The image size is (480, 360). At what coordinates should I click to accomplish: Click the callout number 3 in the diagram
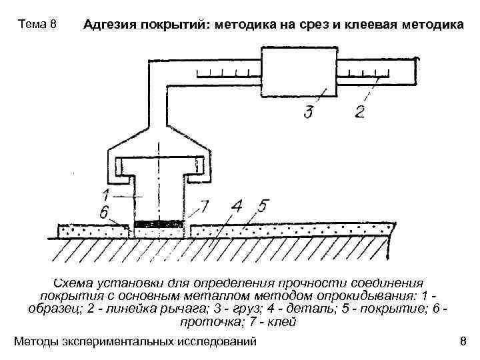point(307,111)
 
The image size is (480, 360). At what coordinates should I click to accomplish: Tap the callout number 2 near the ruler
point(360,110)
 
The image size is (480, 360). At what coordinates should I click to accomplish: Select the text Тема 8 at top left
point(37,25)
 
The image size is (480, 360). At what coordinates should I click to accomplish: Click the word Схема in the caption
point(74,282)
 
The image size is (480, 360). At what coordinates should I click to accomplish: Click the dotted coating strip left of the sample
point(93,231)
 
